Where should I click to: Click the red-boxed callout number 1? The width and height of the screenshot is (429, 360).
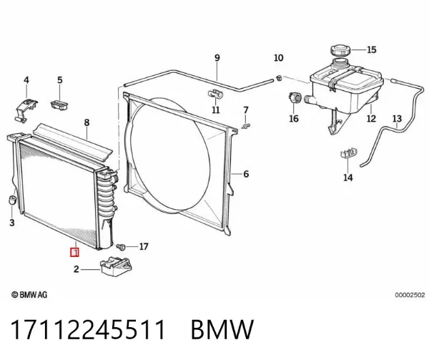pyautogui.click(x=74, y=252)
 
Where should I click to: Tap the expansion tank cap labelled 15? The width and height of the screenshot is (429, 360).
pyautogui.click(x=340, y=51)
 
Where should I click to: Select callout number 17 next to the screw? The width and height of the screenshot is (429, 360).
pyautogui.click(x=144, y=247)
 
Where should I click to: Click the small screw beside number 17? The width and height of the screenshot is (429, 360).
pyautogui.click(x=121, y=247)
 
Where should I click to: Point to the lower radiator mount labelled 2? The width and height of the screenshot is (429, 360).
pyautogui.click(x=117, y=267)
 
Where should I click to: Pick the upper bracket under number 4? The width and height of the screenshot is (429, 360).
pyautogui.click(x=26, y=110)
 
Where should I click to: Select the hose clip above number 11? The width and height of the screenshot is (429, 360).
pyautogui.click(x=216, y=94)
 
